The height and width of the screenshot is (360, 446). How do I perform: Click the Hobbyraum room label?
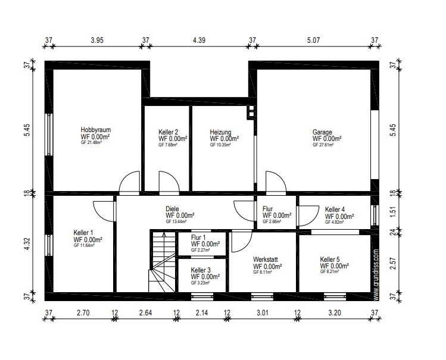[x=95, y=130]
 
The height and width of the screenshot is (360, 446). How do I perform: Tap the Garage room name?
[x=322, y=132]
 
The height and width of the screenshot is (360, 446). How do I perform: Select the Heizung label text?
[x=220, y=132]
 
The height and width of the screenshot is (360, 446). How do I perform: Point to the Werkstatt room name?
[x=266, y=259]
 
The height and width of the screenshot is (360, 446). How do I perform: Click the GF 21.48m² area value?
[x=91, y=143]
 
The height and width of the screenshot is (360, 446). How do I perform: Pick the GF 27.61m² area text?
[x=323, y=145]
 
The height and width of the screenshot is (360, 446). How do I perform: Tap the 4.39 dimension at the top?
[x=199, y=40]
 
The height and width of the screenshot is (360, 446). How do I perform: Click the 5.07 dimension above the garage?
[x=313, y=40]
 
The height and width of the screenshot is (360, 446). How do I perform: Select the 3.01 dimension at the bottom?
[x=262, y=313]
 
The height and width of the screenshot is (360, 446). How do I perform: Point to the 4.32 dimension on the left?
[x=27, y=243]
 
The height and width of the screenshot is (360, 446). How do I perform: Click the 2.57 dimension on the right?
[x=393, y=264]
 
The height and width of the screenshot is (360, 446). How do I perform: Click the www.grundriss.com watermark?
[x=376, y=275]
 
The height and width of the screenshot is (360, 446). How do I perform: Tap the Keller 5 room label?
[x=330, y=259]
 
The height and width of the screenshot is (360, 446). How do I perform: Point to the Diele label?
[x=172, y=209]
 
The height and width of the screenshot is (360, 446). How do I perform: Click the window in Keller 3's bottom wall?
[x=202, y=296]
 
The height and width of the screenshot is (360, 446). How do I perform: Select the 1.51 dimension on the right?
[x=393, y=211]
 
